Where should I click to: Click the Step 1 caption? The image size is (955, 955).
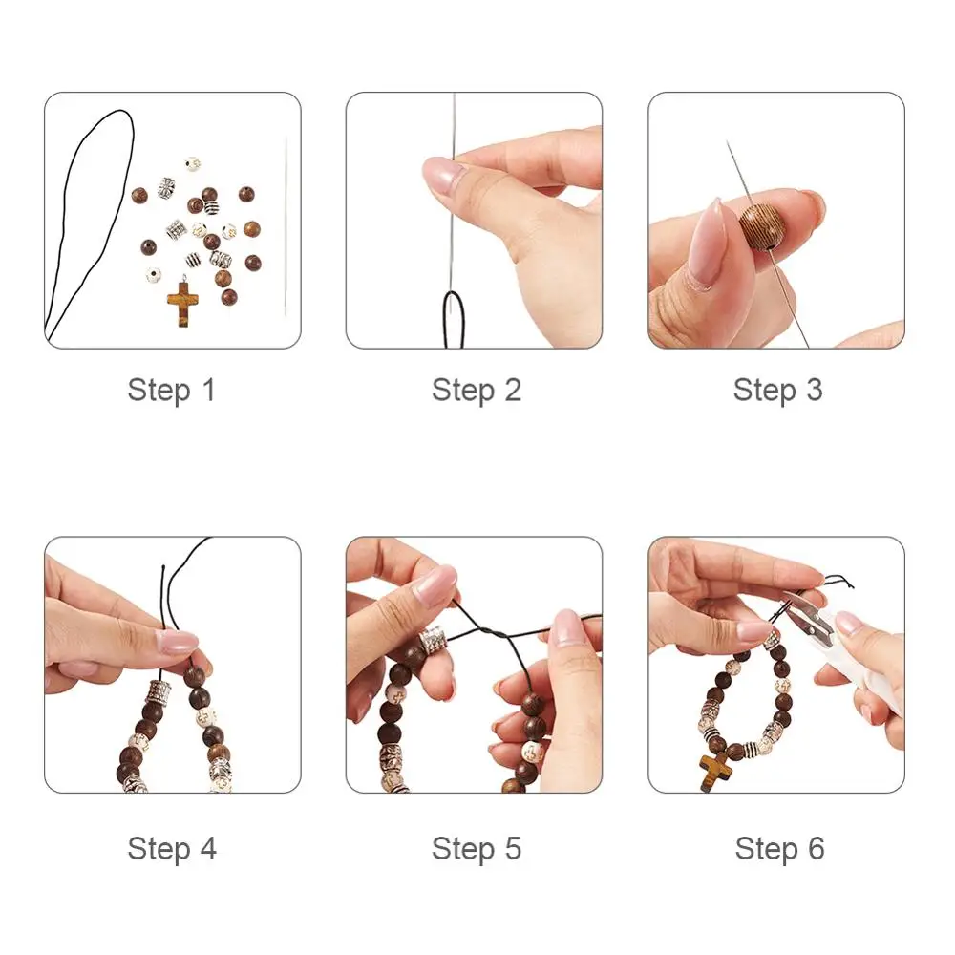172,390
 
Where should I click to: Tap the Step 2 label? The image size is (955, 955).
477,390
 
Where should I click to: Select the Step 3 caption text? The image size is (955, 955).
777,390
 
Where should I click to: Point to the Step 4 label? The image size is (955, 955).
172,848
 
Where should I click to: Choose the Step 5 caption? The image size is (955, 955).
477,848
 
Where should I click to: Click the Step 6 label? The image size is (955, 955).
779,848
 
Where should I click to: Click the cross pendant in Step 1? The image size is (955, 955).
182,304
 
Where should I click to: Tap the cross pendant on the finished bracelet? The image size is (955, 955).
715,772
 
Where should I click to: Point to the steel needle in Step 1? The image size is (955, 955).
286,226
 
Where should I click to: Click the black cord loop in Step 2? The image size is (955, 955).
454,319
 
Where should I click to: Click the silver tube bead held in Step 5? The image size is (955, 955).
433,640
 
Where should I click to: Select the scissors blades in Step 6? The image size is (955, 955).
810,616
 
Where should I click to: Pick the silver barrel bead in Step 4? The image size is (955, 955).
158,693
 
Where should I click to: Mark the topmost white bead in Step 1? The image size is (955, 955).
193,164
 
